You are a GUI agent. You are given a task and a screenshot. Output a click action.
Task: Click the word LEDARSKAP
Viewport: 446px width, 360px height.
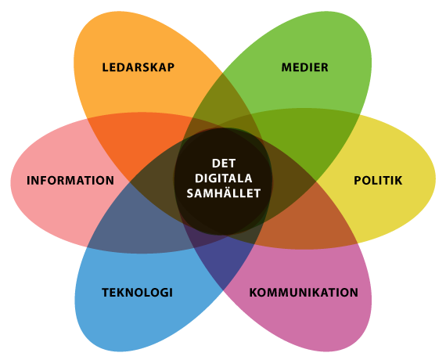tap(138, 67)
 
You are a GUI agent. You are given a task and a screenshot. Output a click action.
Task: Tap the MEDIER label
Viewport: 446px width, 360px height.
tap(305, 67)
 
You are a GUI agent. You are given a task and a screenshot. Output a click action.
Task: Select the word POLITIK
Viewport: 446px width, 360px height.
tap(378, 181)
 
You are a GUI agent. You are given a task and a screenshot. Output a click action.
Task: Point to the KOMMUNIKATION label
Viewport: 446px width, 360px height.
tap(304, 293)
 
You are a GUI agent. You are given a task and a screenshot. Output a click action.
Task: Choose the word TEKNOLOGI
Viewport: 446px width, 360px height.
tap(138, 293)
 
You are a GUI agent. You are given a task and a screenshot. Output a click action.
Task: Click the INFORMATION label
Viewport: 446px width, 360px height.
tap(70, 181)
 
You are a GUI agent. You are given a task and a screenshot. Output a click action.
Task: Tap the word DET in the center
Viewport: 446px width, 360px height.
tap(224, 164)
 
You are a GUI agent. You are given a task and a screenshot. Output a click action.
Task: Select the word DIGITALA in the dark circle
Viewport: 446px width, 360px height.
tap(224, 178)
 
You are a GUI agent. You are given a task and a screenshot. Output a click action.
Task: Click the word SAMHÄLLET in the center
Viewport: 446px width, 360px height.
tap(224, 193)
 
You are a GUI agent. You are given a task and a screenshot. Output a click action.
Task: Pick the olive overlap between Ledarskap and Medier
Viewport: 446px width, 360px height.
tap(222, 98)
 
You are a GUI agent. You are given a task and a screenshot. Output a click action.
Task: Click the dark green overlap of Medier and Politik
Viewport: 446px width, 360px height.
tap(308, 139)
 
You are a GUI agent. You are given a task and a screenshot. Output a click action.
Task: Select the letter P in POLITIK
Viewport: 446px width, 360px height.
tap(358, 181)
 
